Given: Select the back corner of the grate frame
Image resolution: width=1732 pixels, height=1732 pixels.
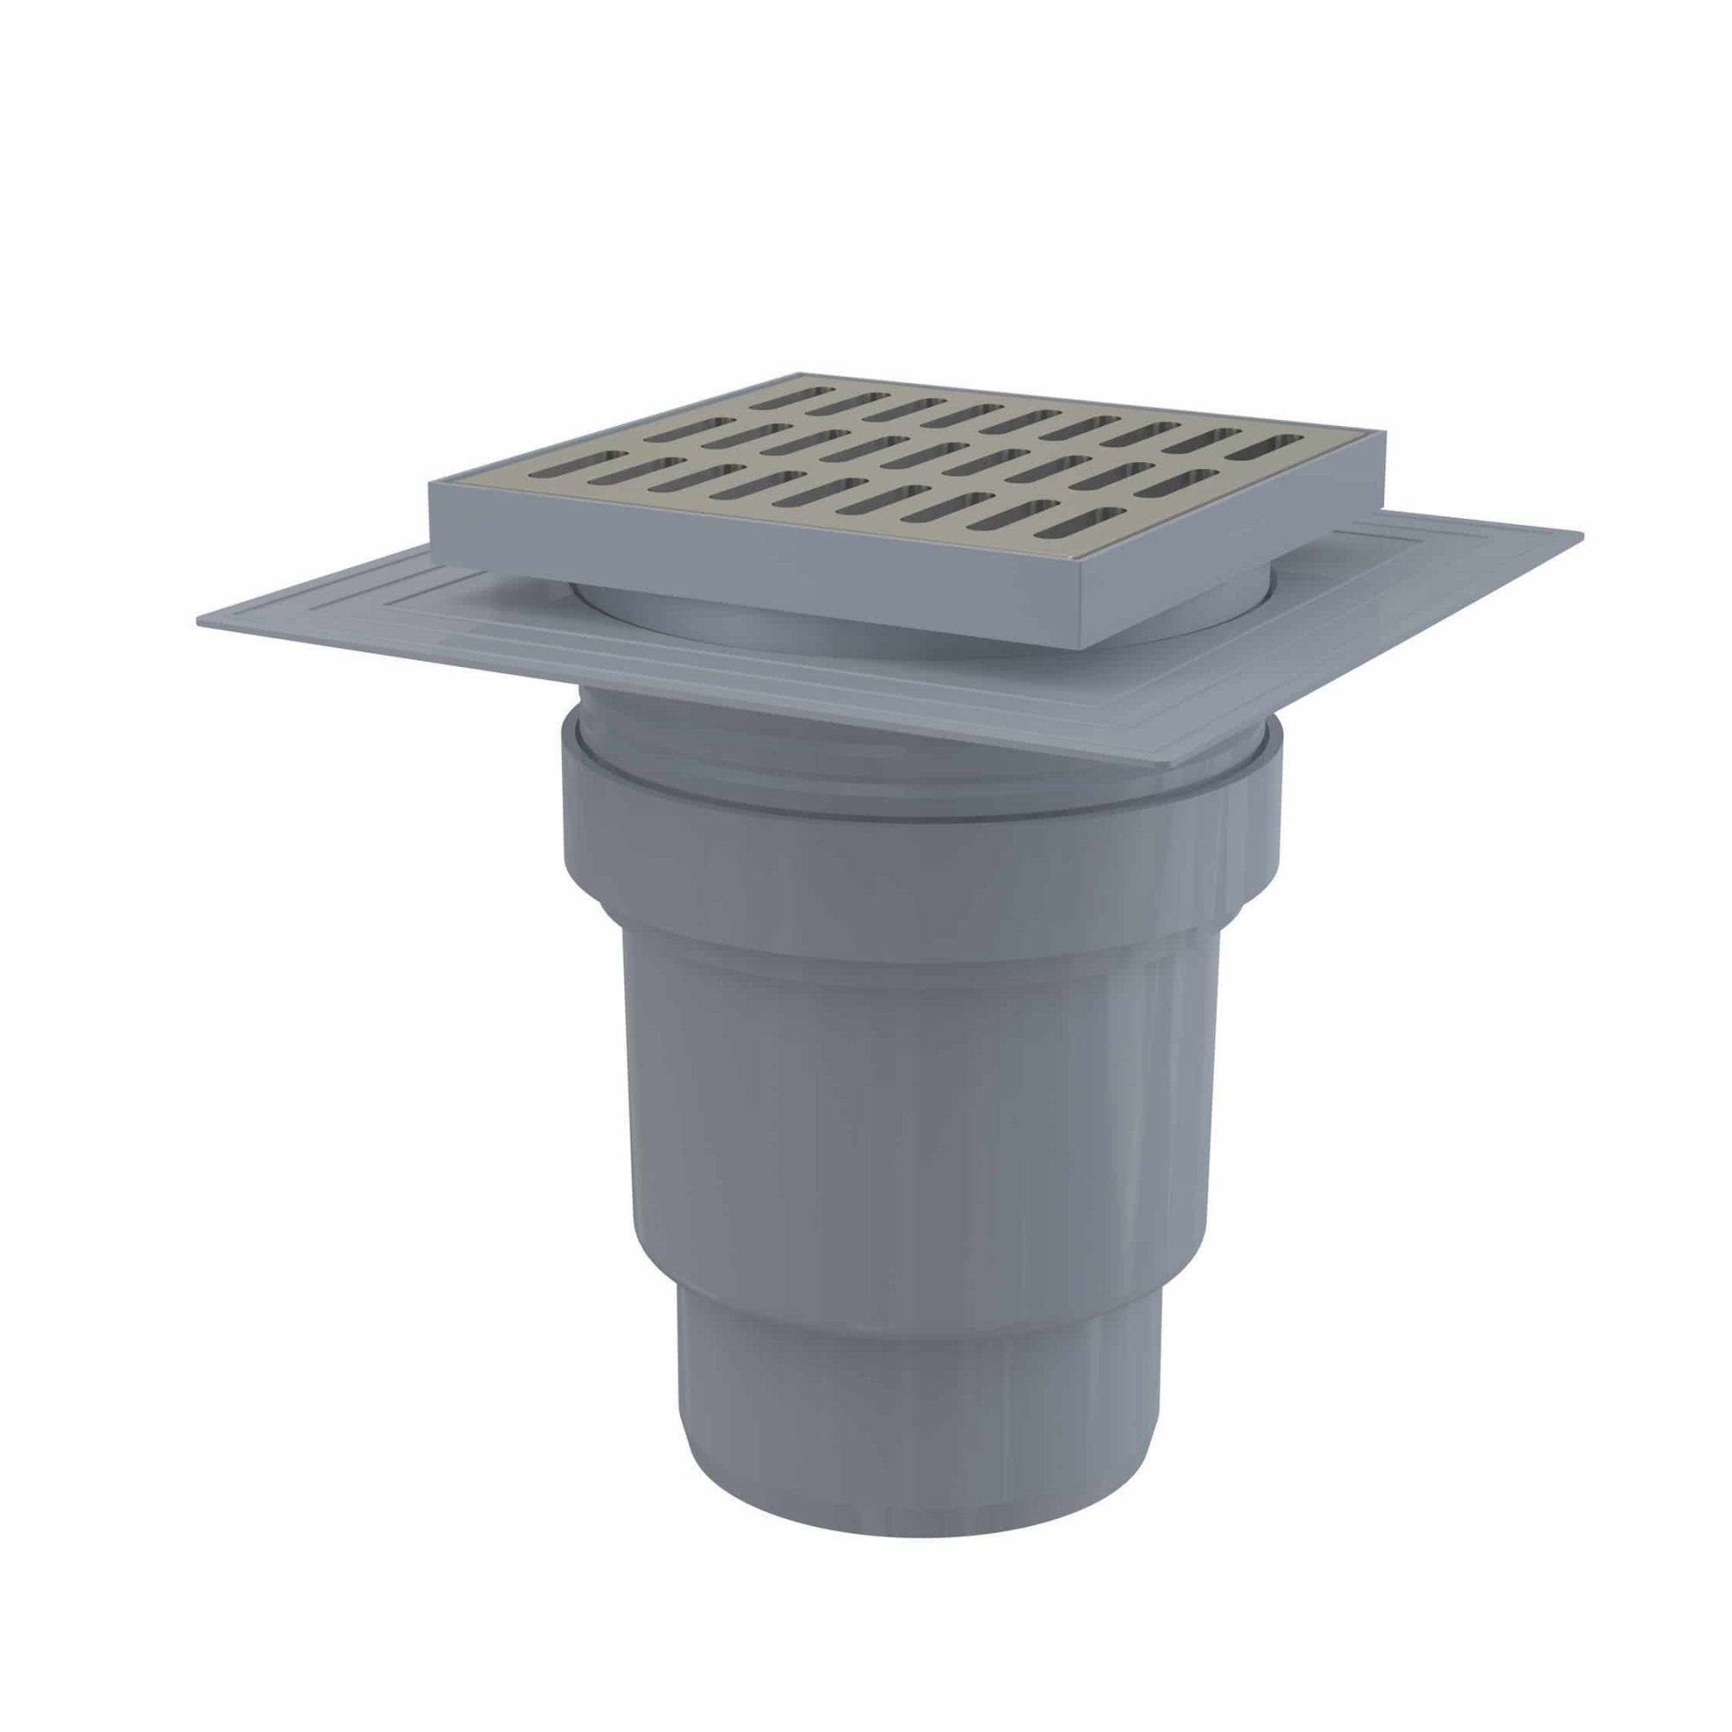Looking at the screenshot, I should (798, 373).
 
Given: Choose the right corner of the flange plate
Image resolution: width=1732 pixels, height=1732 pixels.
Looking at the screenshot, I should (1582, 536).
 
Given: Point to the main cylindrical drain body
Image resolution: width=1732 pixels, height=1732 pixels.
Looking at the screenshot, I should (896, 1121).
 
